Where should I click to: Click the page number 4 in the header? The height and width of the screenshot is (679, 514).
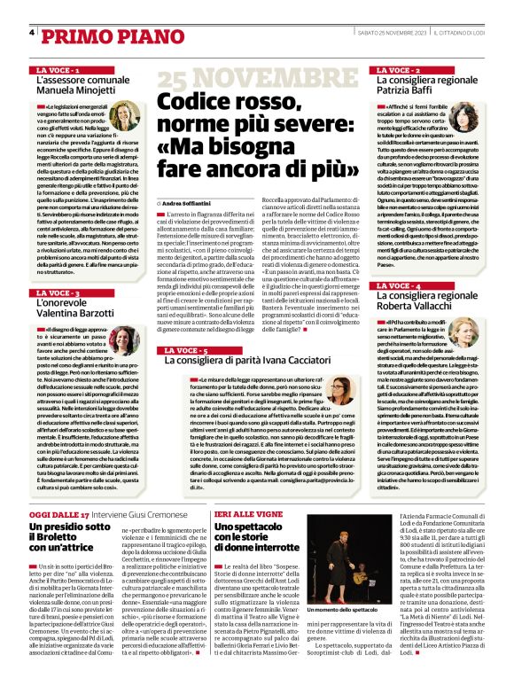click(32, 33)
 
